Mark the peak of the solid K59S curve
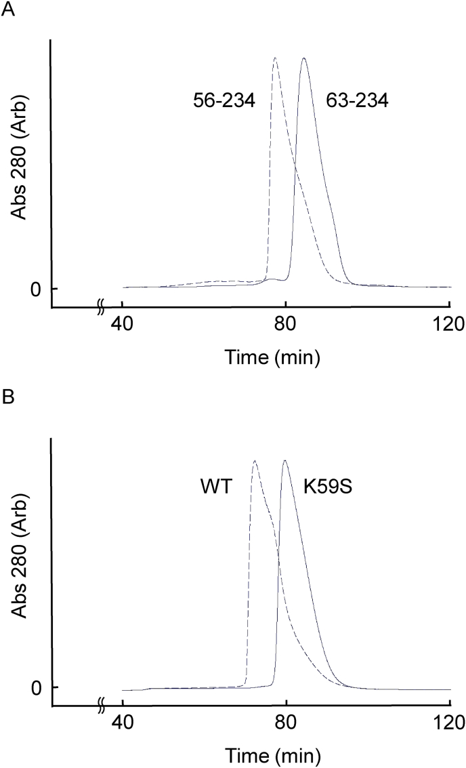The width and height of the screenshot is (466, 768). pyautogui.click(x=285, y=461)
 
